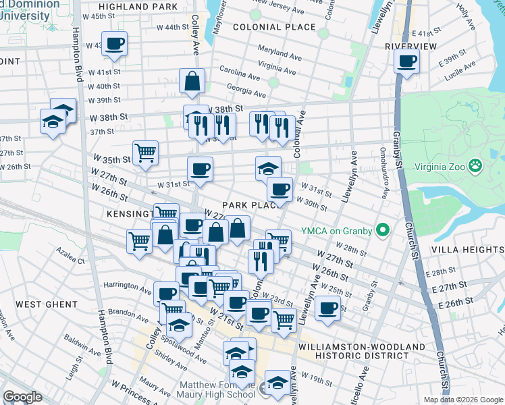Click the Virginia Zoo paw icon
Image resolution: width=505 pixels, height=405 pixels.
(x=477, y=164)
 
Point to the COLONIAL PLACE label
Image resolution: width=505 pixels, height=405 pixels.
(x=274, y=27)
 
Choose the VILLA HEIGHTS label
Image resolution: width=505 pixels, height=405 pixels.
(x=473, y=249)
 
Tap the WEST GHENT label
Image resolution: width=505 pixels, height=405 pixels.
(x=47, y=304)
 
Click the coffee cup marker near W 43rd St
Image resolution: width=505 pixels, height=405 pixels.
(x=115, y=44)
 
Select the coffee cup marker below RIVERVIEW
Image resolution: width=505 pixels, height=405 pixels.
(x=407, y=61)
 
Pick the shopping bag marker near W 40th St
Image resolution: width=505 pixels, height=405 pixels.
(x=192, y=81)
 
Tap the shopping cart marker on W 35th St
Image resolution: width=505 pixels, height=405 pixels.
(x=145, y=153)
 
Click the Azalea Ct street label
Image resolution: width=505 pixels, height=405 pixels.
(x=70, y=260)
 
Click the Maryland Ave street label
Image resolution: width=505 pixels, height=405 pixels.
(x=279, y=53)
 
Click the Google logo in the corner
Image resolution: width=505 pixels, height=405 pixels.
(x=22, y=397)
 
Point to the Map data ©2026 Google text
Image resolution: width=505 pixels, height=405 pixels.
(x=463, y=400)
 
